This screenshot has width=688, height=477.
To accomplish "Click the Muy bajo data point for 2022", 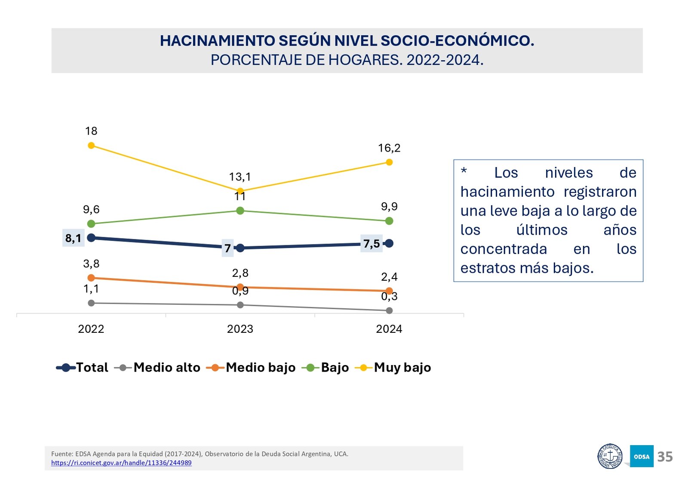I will (91, 146).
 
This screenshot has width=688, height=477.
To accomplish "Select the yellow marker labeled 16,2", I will (389, 162).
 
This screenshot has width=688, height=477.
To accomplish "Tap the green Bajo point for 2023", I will (240, 211).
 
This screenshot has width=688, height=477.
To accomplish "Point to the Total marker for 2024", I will (389, 243).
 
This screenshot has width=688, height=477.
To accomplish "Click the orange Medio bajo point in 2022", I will (91, 278).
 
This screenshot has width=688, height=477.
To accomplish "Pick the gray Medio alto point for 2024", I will (389, 310).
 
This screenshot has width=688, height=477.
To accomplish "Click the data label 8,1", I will (73, 238).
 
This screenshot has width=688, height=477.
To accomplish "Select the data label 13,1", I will (240, 177).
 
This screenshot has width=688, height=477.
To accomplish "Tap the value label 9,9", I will (389, 207).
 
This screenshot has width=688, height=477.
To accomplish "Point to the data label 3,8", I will (91, 263).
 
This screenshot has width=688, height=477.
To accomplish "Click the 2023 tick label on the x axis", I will (240, 329).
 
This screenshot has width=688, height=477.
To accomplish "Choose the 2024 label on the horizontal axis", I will (389, 329).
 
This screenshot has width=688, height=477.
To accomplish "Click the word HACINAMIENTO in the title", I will (218, 41).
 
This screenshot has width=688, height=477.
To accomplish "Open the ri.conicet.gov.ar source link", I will (121, 463).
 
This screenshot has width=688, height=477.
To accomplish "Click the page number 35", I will (665, 457).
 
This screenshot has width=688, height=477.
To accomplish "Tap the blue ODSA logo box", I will (642, 456).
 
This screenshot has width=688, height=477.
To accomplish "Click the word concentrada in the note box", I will (504, 249).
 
